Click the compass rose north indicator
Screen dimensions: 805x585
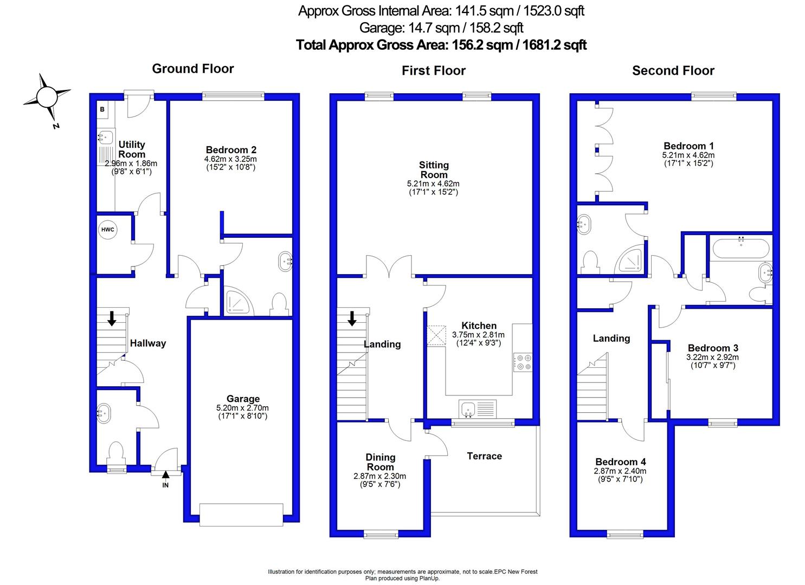(47, 97)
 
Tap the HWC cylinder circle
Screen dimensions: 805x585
(107, 230)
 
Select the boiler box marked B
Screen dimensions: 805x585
(102, 109)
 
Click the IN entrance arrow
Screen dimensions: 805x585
(165, 474)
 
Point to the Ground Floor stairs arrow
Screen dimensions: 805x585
(112, 318)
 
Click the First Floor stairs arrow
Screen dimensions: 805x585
(352, 318)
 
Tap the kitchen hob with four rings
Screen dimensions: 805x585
(523, 362)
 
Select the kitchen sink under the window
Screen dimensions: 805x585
(478, 409)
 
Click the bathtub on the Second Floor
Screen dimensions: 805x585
(740, 248)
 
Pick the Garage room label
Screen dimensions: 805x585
(243, 399)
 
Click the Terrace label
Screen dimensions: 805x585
(484, 456)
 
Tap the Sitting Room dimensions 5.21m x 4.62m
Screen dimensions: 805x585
(433, 184)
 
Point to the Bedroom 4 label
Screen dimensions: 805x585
(621, 462)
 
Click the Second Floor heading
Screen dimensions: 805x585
(673, 71)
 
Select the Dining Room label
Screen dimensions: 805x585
(380, 462)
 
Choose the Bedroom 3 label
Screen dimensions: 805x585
(713, 348)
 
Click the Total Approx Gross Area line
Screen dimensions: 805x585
(441, 45)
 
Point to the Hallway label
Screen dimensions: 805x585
(148, 343)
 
